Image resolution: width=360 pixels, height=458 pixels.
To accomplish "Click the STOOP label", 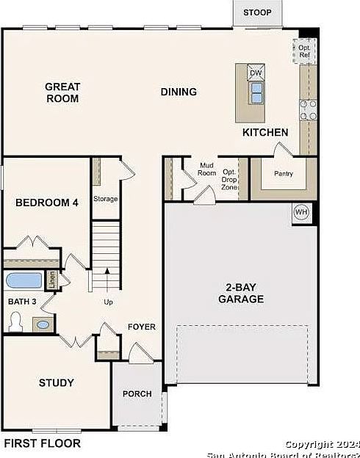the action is click(x=257, y=12).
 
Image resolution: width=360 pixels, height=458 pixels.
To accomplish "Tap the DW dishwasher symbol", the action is click(x=256, y=73).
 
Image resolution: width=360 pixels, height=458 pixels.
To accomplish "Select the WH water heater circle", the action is click(x=301, y=212).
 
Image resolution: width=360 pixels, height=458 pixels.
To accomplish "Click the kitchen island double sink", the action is click(x=256, y=93).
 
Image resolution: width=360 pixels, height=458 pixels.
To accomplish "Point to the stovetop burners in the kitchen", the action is click(x=309, y=110).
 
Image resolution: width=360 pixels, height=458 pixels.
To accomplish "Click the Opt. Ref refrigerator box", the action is click(x=304, y=51).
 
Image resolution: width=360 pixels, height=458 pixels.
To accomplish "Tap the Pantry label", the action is click(x=284, y=173).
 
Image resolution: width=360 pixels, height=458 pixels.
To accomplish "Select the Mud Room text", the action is click(x=206, y=169).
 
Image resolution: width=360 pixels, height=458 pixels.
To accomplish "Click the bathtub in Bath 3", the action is click(x=24, y=280).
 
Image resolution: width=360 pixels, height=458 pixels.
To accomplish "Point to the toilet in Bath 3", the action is click(x=15, y=322).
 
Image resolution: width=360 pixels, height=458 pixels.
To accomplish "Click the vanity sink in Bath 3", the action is click(x=43, y=324).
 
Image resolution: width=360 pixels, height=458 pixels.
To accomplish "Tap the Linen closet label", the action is click(x=52, y=280).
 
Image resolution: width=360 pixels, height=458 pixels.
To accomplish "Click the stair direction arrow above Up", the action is click(x=107, y=280).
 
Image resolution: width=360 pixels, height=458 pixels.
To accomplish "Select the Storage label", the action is click(x=106, y=199).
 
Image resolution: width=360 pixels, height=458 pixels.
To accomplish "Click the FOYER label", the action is click(x=142, y=327).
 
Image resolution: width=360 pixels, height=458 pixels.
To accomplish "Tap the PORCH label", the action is click(x=137, y=393).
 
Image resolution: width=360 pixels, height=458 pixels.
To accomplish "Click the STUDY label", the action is click(x=57, y=382).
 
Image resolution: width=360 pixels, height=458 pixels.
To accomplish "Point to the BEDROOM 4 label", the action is click(x=47, y=203).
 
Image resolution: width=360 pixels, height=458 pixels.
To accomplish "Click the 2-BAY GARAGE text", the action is click(x=241, y=293).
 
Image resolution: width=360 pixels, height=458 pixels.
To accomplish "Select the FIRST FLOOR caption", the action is click(x=42, y=443).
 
